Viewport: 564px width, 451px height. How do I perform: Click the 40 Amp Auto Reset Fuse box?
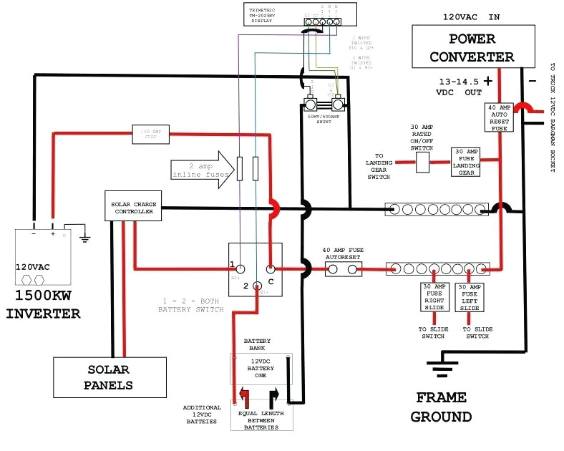[498, 118]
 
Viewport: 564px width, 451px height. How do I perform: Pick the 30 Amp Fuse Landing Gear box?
[466, 163]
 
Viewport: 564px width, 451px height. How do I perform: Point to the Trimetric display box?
[299, 14]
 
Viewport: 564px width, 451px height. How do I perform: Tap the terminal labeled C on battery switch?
[270, 270]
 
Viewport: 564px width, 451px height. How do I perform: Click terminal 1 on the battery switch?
[242, 270]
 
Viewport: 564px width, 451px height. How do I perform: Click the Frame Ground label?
[442, 407]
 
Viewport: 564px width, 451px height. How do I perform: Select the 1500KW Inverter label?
[44, 305]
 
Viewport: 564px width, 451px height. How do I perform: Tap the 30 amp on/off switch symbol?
[422, 163]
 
